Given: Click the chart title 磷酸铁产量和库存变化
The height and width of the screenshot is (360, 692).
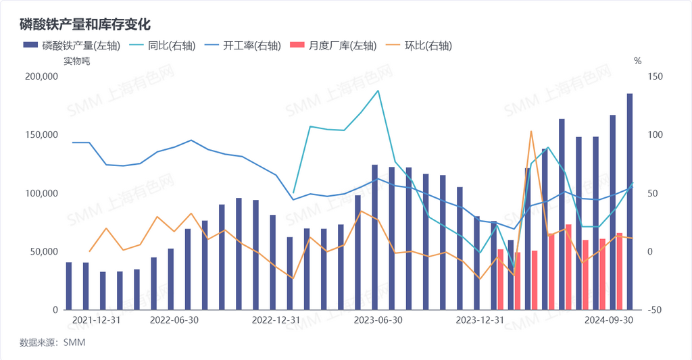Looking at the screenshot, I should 84,23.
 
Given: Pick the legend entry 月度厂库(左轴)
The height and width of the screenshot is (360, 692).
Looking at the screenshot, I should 333,46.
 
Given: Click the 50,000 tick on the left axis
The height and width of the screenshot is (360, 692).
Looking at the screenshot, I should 42,252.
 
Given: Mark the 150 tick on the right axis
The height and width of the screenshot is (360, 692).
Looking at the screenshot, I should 655,77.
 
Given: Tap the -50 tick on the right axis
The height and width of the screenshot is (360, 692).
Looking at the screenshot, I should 654,310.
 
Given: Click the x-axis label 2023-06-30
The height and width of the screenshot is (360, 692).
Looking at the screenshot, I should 378,320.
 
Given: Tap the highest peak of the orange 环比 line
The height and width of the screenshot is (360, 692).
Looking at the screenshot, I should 531,131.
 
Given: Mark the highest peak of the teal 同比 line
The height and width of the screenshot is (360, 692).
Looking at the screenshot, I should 378,91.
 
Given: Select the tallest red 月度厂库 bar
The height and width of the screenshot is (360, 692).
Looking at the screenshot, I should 568,267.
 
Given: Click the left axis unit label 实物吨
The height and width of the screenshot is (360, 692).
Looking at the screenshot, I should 76,61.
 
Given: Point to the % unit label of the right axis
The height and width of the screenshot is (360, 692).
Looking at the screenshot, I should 637,61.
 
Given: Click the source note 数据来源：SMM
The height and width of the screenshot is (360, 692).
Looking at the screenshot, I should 52,342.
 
